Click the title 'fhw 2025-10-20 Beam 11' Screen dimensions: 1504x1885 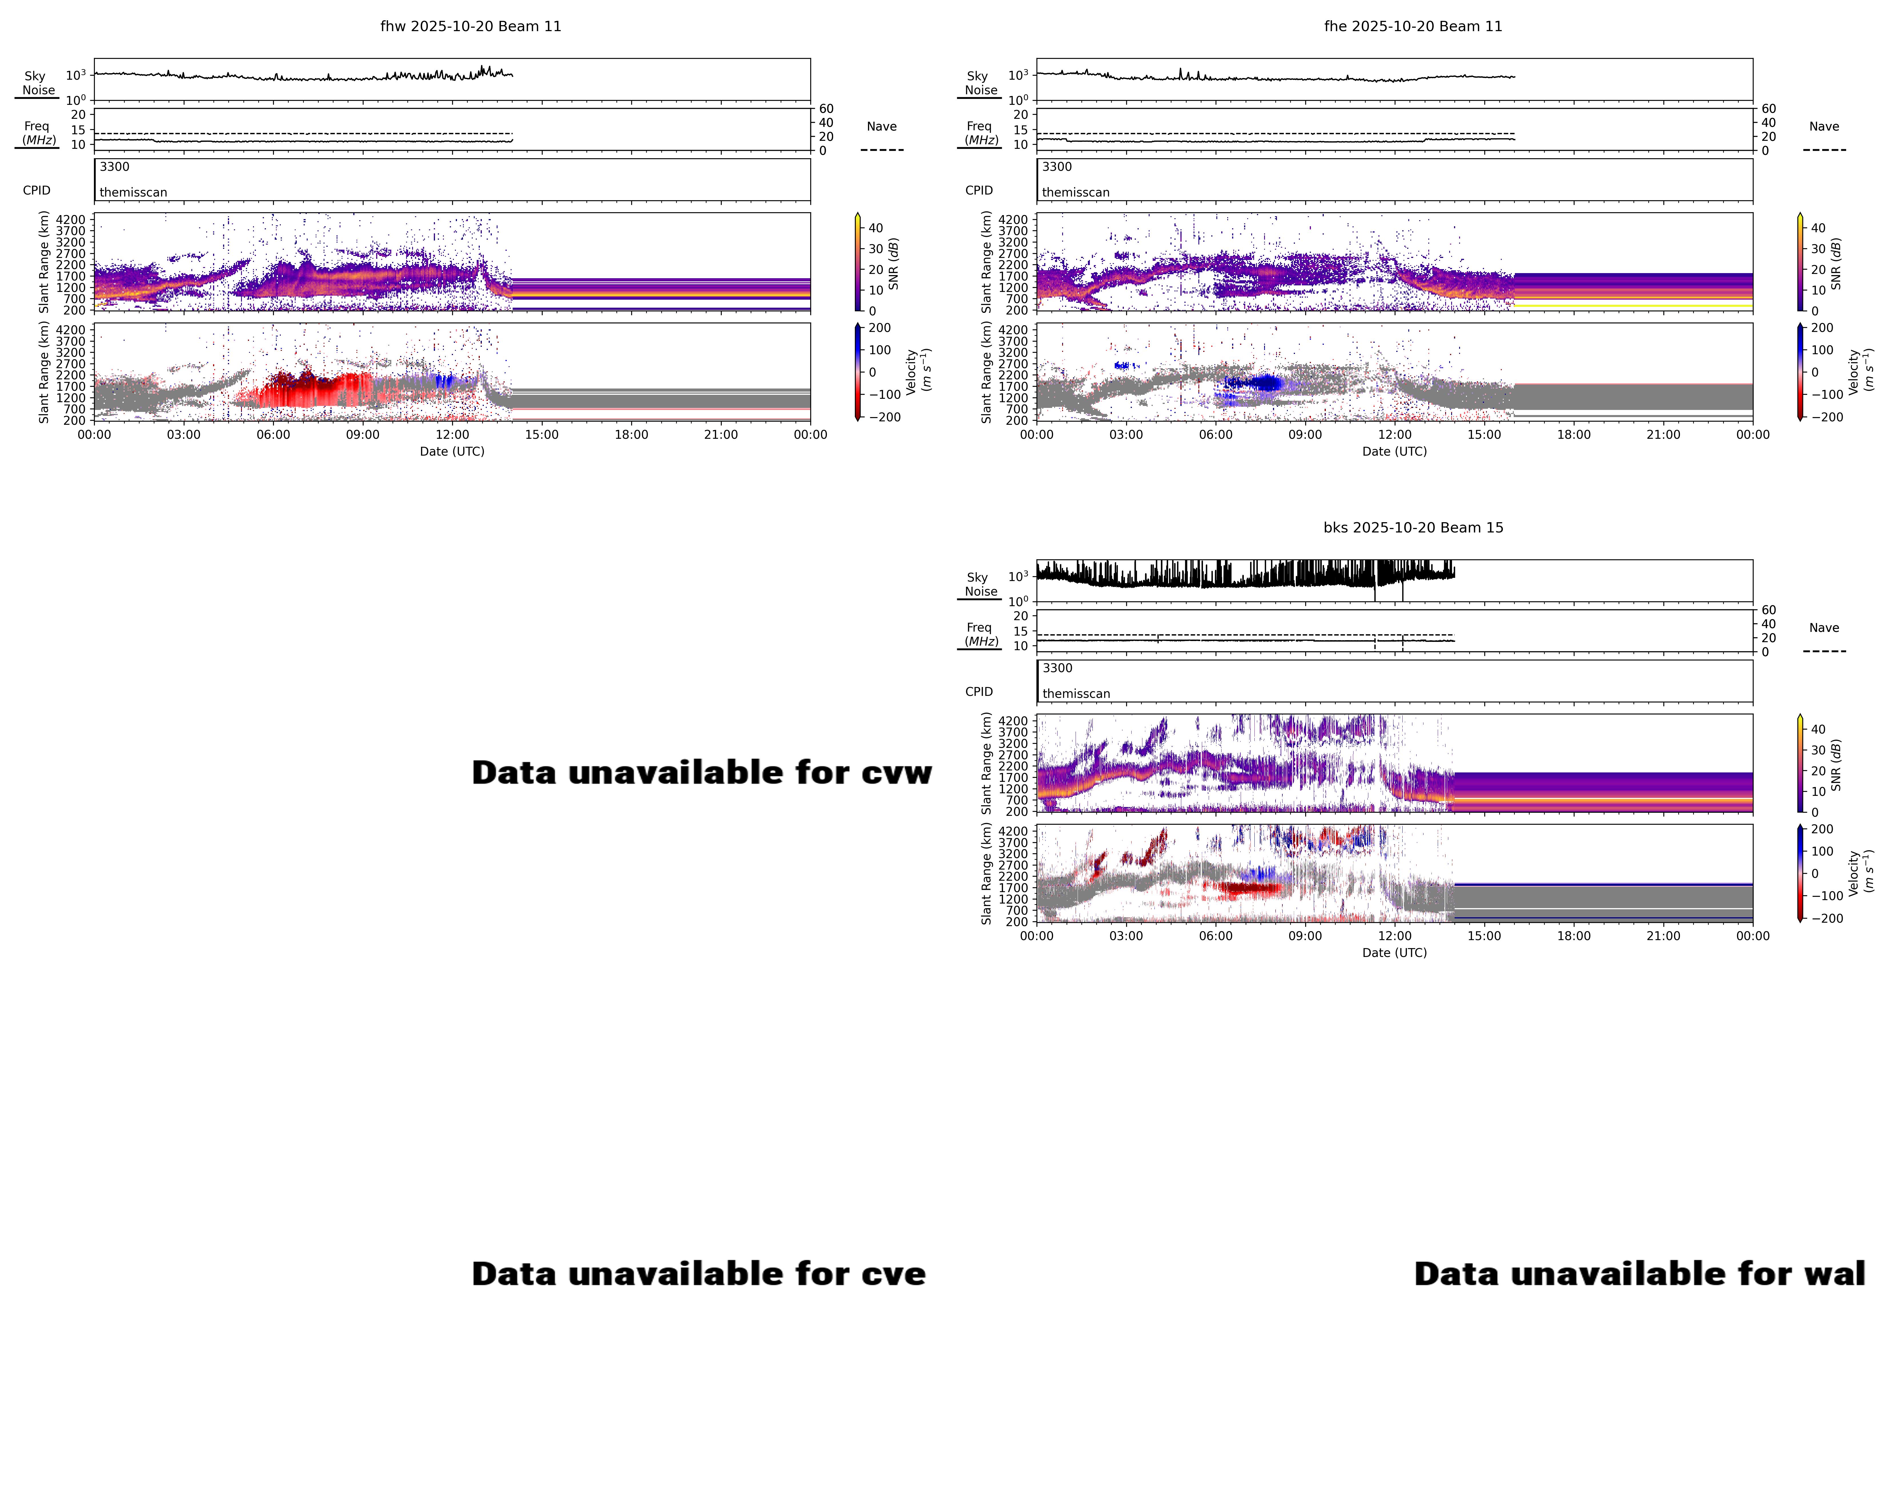[x=470, y=26]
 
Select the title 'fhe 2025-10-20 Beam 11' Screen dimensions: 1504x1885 [x=1413, y=26]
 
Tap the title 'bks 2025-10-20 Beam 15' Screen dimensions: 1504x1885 [x=1413, y=527]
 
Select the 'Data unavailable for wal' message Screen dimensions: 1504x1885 [x=1639, y=1274]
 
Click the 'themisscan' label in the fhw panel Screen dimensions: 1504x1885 [x=133, y=192]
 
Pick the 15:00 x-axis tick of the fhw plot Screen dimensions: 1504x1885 [x=541, y=434]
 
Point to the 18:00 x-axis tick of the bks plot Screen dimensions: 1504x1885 [x=1574, y=936]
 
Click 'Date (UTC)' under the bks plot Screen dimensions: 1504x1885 [x=1395, y=952]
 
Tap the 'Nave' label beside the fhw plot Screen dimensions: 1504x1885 [x=881, y=127]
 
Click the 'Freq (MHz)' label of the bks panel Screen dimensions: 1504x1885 [x=980, y=634]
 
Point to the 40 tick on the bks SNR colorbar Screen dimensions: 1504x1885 [x=1818, y=729]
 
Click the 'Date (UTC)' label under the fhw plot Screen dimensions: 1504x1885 [x=452, y=451]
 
